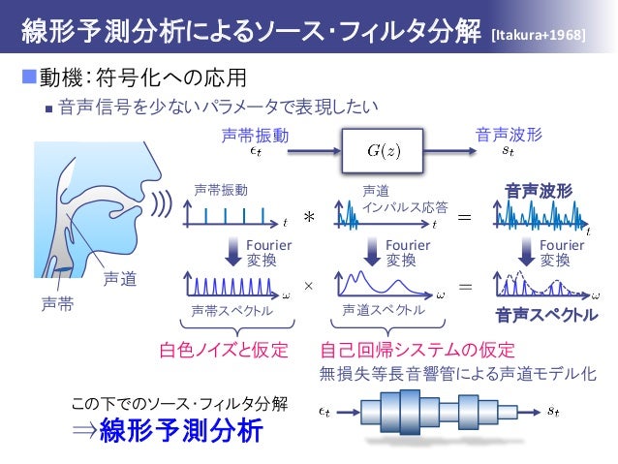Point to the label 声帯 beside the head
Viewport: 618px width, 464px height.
coord(55,303)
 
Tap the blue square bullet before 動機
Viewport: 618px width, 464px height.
coord(27,75)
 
